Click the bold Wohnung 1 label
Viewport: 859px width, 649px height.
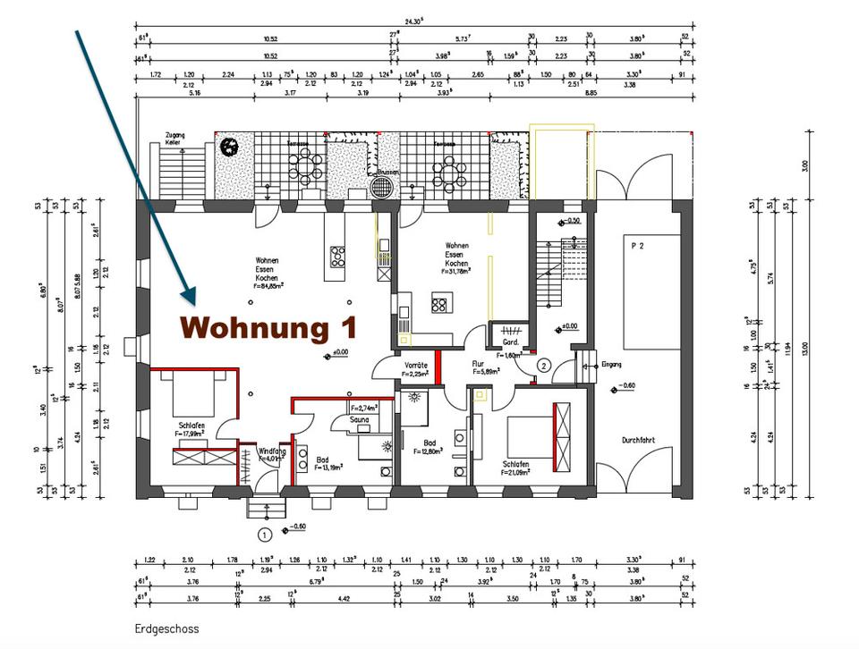coord(268,327)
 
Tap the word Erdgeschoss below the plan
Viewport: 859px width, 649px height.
coord(166,628)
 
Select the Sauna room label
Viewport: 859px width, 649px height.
coord(360,418)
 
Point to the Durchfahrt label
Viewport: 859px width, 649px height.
coord(640,441)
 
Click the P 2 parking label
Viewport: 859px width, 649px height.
coord(638,244)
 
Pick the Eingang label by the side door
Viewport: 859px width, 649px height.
coord(611,364)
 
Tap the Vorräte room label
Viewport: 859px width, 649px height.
coord(414,366)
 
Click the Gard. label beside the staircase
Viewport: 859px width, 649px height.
coord(511,342)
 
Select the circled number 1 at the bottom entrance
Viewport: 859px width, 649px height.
coord(265,535)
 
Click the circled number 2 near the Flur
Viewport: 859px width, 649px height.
coord(542,365)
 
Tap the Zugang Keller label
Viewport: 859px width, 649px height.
coord(174,139)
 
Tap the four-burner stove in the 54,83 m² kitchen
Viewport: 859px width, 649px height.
coord(339,257)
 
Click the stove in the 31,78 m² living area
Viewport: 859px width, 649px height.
coord(440,305)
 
